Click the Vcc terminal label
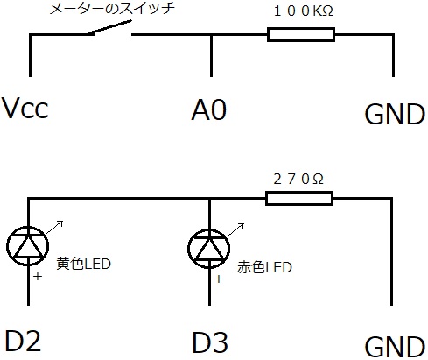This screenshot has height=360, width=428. [x=25, y=108]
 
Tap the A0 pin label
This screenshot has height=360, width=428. [x=209, y=109]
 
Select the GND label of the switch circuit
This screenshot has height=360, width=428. [x=395, y=114]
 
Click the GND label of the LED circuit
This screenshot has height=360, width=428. [x=395, y=347]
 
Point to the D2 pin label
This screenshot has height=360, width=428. [x=23, y=342]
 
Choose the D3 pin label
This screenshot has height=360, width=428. [x=210, y=342]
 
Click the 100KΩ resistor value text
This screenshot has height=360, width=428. [x=304, y=11]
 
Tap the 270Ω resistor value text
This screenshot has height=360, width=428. [x=298, y=179]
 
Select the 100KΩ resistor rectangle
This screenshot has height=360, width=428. [x=301, y=35]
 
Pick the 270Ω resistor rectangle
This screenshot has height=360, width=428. [x=299, y=199]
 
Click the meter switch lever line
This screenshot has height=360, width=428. [x=109, y=27]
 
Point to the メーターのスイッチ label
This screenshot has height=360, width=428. [x=112, y=8]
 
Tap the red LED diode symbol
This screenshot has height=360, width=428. [x=209, y=248]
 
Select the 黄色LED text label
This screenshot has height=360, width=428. [x=83, y=264]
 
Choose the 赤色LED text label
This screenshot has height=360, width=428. [x=264, y=267]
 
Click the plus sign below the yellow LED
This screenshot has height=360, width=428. [x=38, y=276]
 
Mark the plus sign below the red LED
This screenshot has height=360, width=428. [x=219, y=279]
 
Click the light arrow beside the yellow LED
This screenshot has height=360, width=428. [x=55, y=227]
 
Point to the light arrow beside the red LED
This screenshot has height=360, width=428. [x=235, y=229]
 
